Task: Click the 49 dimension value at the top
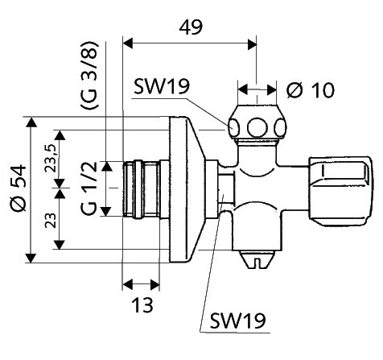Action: click(x=191, y=27)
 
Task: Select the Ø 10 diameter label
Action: click(x=311, y=90)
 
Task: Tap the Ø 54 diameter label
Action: click(x=19, y=189)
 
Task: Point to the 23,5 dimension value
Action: click(x=50, y=158)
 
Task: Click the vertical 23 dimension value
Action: click(x=50, y=221)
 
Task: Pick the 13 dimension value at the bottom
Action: click(x=142, y=305)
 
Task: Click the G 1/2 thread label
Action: click(x=89, y=188)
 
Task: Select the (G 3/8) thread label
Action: click(x=89, y=75)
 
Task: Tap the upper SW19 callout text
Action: click(x=162, y=86)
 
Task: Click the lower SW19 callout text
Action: click(x=237, y=321)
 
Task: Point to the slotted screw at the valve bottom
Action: click(x=257, y=259)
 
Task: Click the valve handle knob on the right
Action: click(x=340, y=192)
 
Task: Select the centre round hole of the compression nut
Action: click(x=257, y=127)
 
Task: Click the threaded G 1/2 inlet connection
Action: click(x=141, y=188)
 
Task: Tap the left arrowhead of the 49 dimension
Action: click(x=128, y=43)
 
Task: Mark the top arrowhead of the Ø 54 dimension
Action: click(x=32, y=122)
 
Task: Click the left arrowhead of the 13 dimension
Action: click(x=128, y=284)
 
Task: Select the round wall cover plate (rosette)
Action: click(x=186, y=189)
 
